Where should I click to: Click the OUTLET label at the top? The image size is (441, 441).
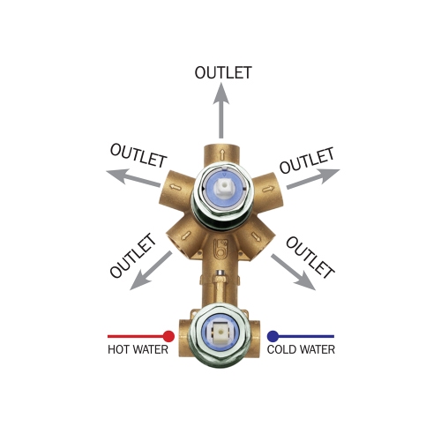point(223,72)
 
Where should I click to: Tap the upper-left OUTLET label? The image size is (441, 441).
point(138,155)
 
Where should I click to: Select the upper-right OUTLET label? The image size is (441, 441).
point(307,160)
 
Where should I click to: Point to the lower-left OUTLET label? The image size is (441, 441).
point(132,256)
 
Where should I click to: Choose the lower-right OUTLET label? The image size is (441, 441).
point(310,258)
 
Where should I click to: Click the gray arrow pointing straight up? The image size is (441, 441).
point(221,110)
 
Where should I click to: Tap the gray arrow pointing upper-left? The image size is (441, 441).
point(133,177)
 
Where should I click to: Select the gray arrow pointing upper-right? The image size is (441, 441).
point(313,178)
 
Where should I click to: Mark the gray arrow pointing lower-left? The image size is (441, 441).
point(151,271)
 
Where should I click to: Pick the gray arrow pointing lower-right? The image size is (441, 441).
point(293,272)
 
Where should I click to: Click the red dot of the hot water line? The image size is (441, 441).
point(168,336)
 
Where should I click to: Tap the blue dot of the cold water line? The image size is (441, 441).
point(273,336)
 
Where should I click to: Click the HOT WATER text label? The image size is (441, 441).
point(138,349)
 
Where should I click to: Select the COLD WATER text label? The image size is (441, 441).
point(301,349)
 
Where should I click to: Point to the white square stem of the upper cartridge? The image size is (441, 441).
point(222,188)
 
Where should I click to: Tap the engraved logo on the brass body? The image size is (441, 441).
point(219,250)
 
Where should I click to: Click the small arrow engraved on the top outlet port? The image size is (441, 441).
point(222,153)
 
